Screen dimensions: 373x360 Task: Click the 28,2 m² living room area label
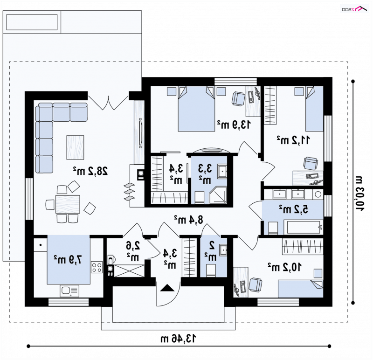[90, 171]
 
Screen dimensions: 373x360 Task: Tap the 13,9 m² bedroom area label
[234, 125]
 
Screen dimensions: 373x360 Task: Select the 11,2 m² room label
[293, 140]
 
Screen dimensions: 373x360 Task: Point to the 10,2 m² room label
[284, 267]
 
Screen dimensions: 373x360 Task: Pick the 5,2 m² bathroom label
[294, 209]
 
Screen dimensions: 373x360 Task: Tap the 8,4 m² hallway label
[189, 220]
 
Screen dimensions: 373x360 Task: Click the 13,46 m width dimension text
[179, 339]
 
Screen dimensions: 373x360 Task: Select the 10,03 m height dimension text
[358, 194]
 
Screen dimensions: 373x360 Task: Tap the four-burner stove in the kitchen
[97, 267]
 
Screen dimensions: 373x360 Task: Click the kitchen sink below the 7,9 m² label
[69, 291]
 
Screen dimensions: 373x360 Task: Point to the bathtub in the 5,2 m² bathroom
[304, 228]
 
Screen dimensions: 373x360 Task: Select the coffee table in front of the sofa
[75, 147]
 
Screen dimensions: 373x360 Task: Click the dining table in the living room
[68, 204]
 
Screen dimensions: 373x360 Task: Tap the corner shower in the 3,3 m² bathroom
[218, 195]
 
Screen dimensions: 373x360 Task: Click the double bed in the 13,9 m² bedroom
[196, 109]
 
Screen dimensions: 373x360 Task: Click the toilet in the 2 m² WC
[211, 270]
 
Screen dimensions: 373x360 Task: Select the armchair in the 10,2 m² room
[256, 284]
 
